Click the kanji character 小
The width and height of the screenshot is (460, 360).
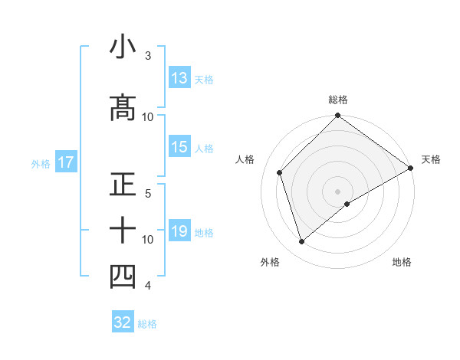[123, 47]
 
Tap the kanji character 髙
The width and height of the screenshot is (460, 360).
[123, 107]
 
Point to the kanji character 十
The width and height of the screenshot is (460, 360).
[123, 229]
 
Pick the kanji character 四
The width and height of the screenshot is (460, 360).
[123, 277]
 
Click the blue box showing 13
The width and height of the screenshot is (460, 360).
[179, 78]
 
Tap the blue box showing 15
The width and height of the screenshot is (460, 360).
[179, 147]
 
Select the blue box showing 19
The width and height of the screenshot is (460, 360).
[179, 231]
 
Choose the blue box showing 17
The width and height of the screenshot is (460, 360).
[65, 162]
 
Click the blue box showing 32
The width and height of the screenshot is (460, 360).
[123, 322]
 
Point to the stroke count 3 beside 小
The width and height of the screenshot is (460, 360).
[148, 56]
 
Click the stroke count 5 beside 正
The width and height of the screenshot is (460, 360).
[148, 193]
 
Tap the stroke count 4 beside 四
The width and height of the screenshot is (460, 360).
[148, 286]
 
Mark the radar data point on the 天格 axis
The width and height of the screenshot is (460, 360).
[411, 168]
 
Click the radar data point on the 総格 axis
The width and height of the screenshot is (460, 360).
[337, 117]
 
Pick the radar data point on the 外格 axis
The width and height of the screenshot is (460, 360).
[302, 242]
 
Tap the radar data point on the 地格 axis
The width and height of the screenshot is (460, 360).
[347, 204]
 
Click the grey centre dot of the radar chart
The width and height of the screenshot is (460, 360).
[337, 191]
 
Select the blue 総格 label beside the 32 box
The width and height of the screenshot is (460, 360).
[147, 324]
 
